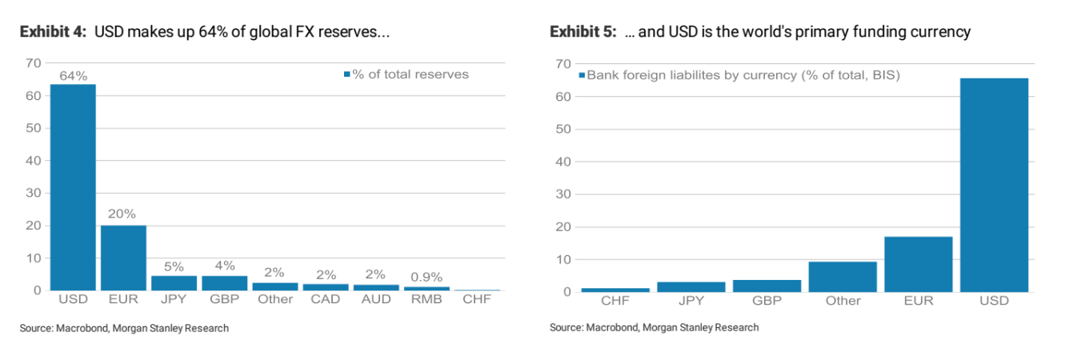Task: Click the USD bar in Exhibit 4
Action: [73, 187]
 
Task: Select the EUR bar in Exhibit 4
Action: [123, 258]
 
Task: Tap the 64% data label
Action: [73, 76]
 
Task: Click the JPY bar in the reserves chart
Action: [174, 282]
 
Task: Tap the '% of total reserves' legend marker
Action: [347, 74]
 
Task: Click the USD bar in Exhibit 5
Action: [994, 185]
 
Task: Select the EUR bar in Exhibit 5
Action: [919, 264]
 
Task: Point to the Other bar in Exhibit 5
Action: [843, 277]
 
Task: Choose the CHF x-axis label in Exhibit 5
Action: [615, 301]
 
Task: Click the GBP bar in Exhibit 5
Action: [767, 286]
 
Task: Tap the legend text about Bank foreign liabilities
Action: [744, 75]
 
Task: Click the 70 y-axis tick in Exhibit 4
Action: [33, 62]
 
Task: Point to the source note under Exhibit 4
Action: [124, 328]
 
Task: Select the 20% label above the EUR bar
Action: [123, 214]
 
